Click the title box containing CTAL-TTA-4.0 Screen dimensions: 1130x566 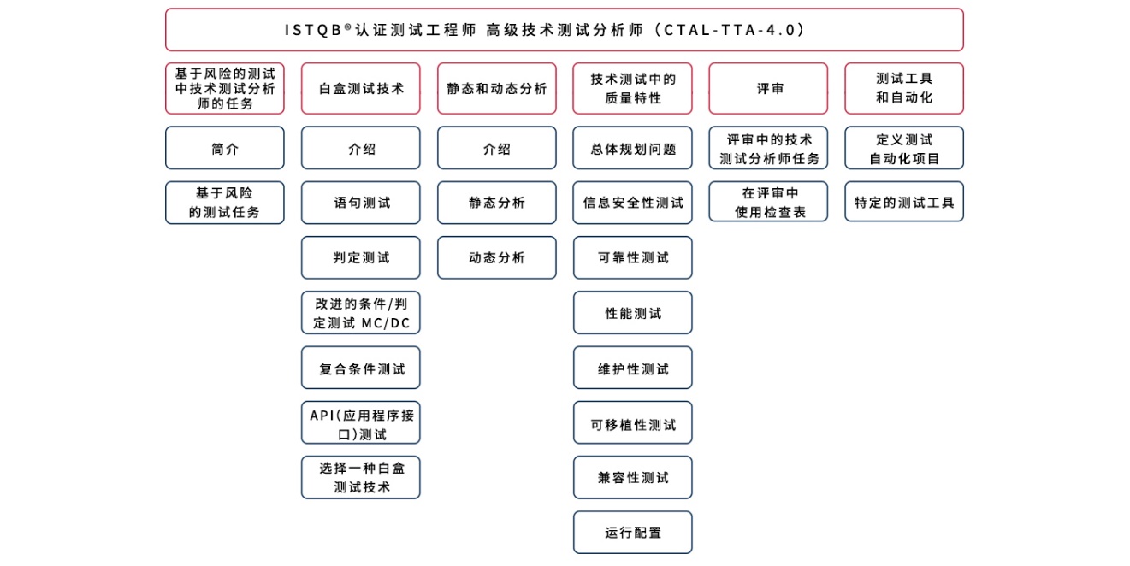(x=564, y=30)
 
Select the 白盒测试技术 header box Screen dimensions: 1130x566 (x=361, y=88)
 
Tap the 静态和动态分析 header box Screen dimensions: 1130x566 (x=497, y=88)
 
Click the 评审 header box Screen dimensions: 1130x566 (x=768, y=88)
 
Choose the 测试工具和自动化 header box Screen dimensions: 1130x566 (x=904, y=88)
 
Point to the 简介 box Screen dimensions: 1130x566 (x=224, y=148)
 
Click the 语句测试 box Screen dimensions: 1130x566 (x=361, y=203)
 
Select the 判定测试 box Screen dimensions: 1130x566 (x=361, y=257)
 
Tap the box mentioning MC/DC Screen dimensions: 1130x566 (x=361, y=312)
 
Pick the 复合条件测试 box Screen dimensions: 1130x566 (x=361, y=368)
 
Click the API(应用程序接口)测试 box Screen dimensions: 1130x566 (x=361, y=422)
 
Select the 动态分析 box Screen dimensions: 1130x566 (x=497, y=257)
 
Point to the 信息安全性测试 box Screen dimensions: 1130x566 (x=633, y=203)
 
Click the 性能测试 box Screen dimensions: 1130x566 (x=633, y=312)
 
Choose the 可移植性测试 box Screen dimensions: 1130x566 (x=633, y=422)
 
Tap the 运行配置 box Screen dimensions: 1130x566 (x=633, y=533)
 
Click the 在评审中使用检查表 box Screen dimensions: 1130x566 (x=768, y=202)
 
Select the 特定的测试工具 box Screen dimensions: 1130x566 (x=904, y=202)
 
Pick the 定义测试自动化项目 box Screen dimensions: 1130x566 (x=904, y=148)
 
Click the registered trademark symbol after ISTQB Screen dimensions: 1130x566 (x=347, y=27)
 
